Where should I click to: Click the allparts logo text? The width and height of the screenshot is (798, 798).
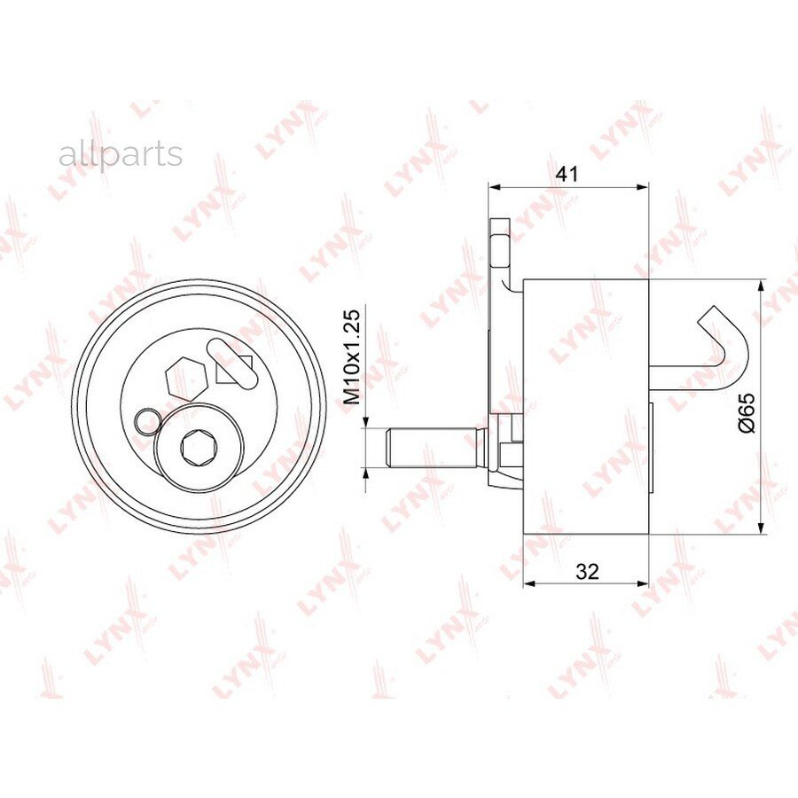pyautogui.click(x=121, y=154)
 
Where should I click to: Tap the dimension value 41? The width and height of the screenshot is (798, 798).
pyautogui.click(x=567, y=174)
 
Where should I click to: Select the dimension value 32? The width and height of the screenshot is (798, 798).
pyautogui.click(x=587, y=572)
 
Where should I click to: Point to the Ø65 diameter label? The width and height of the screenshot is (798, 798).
pyautogui.click(x=746, y=412)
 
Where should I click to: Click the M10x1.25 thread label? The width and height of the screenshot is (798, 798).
pyautogui.click(x=352, y=356)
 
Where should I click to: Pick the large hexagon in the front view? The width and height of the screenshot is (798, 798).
pyautogui.click(x=186, y=379)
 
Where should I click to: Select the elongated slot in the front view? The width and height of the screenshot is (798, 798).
pyautogui.click(x=231, y=365)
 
